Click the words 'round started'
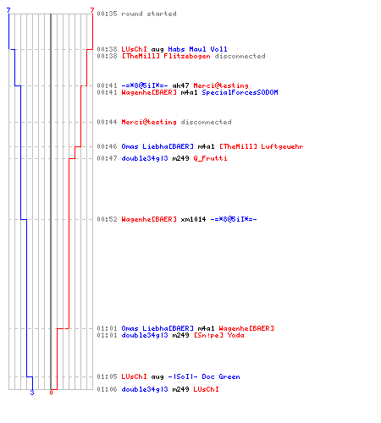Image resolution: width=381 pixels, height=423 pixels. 149,14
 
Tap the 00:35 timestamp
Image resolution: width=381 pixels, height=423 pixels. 107,14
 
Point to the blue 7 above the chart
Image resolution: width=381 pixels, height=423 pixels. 8,10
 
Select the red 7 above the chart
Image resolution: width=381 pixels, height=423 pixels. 92,10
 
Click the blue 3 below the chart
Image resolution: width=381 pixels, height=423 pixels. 32,393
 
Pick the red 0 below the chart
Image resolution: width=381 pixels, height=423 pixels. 51,393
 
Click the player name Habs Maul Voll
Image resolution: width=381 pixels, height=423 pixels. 197,49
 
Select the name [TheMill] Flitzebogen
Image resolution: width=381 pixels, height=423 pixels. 166,56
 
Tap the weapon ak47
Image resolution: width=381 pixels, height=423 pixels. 180,85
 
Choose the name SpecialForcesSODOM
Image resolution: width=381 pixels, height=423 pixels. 240,92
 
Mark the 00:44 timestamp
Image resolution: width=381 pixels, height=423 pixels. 107,122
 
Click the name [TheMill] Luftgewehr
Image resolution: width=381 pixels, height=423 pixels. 262,146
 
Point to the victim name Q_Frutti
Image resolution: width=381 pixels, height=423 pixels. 210,158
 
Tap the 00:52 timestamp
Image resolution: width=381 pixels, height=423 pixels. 107,219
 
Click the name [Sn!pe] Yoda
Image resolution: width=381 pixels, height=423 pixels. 219,335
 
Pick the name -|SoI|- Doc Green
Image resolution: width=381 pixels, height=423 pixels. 204,376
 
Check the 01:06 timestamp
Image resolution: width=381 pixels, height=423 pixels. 107,389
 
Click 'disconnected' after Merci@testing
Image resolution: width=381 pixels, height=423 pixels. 206,122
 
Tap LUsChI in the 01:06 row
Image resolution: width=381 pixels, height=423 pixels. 206,389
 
